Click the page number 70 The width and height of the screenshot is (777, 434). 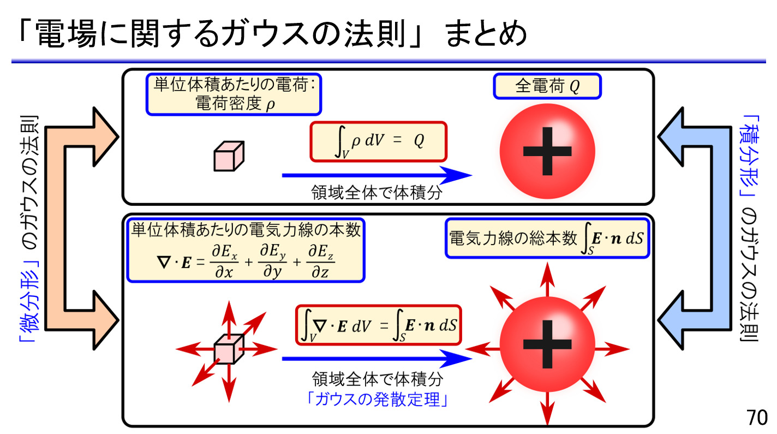click(757, 418)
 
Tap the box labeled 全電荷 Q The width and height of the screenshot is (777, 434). click(547, 87)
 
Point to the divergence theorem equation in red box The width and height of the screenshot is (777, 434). click(378, 326)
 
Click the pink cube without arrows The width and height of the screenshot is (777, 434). click(228, 157)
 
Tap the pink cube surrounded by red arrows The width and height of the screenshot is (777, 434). click(228, 348)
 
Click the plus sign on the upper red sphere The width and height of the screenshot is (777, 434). click(547, 152)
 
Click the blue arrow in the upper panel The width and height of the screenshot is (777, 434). click(376, 175)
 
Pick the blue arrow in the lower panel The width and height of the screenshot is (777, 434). click(376, 359)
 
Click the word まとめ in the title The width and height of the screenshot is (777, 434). click(486, 34)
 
